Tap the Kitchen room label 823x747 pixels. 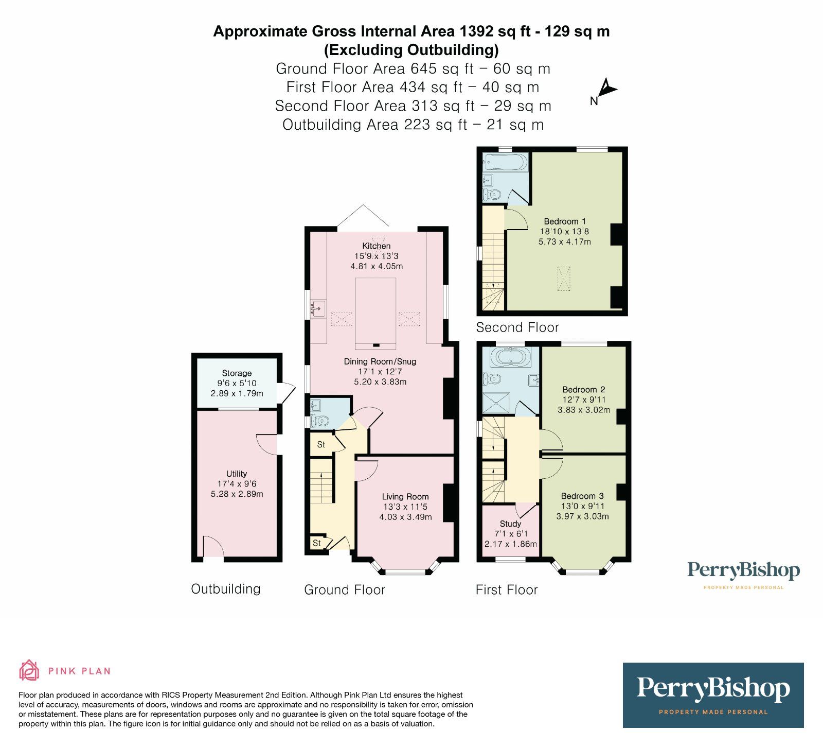point(376,246)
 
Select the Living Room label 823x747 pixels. point(405,497)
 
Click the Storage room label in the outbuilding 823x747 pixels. point(237,373)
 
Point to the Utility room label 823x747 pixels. point(237,474)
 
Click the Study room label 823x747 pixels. point(510,524)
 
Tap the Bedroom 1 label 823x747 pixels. point(564,221)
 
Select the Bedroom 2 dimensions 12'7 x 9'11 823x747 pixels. point(584,400)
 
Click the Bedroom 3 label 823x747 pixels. point(582,496)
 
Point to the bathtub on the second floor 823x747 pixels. point(506,163)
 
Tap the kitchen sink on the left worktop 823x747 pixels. point(317,309)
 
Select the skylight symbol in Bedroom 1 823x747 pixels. point(564,279)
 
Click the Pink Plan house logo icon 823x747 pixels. point(29,670)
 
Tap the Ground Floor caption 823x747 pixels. point(344,590)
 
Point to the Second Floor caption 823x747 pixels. point(517,327)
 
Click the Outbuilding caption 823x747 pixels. point(225,589)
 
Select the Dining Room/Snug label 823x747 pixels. point(380,362)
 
